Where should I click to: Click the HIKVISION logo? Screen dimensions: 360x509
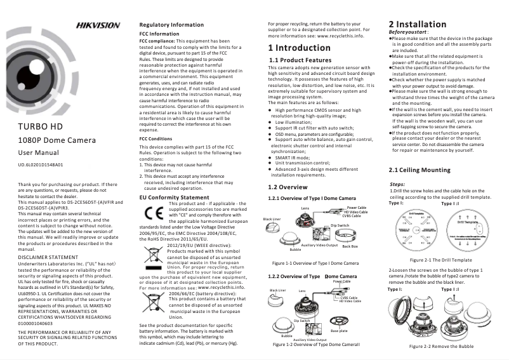[x=98, y=25]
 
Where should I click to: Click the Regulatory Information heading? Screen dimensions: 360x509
[x=171, y=25]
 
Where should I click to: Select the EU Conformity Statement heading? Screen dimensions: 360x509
[x=173, y=198]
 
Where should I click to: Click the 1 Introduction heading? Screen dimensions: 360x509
[x=299, y=48]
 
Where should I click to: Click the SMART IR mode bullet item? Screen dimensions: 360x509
[x=292, y=157]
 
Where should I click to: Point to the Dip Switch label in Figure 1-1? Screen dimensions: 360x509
[x=340, y=225]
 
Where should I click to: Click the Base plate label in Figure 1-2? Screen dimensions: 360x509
[x=339, y=330]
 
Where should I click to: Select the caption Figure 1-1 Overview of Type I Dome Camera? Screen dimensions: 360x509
[x=315, y=262]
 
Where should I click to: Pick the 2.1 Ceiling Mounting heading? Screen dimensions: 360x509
[x=419, y=170]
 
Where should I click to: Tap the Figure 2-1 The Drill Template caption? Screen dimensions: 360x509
[x=440, y=260]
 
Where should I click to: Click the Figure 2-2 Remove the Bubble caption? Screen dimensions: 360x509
[x=441, y=346]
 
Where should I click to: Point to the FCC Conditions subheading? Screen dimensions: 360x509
[x=155, y=138]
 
